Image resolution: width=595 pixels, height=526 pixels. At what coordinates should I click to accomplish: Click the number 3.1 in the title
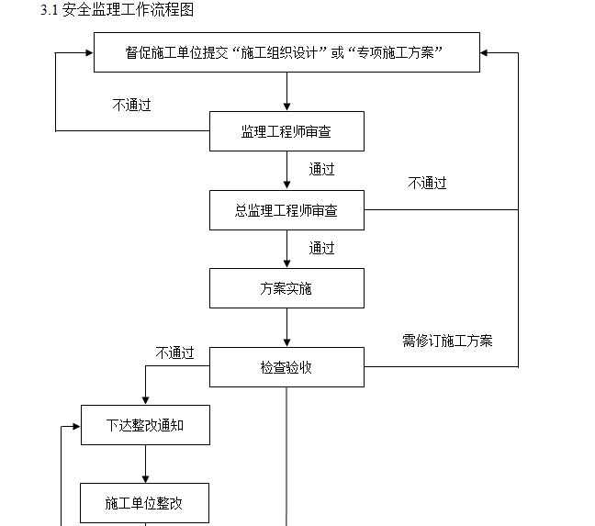tap(50, 10)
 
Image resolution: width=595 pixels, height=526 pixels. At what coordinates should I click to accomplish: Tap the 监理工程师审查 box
tap(286, 131)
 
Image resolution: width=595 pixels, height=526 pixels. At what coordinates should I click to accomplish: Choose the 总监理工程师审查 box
tap(286, 210)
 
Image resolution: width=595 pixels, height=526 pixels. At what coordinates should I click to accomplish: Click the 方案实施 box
tap(286, 288)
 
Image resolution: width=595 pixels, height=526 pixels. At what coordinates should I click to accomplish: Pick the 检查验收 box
tap(286, 367)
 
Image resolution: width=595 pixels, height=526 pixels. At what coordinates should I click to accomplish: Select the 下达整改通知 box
tap(145, 425)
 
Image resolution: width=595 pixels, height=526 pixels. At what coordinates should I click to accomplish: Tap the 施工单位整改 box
tap(145, 503)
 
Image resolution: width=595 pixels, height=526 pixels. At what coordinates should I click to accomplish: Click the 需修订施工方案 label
tap(447, 341)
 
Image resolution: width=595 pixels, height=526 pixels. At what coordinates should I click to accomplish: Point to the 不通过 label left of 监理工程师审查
tap(131, 105)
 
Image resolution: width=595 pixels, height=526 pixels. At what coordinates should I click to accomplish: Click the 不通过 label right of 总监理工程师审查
tap(427, 183)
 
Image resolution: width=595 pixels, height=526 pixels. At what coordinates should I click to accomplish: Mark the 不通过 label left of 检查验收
tap(174, 353)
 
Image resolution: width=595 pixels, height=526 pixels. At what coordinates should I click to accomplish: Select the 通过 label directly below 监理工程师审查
tap(321, 169)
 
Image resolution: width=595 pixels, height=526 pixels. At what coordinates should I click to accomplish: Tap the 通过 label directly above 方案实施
tap(321, 248)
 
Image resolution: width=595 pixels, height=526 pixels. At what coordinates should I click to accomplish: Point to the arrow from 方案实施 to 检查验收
tap(286, 328)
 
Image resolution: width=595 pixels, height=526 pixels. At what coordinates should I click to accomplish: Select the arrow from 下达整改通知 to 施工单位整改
tap(145, 464)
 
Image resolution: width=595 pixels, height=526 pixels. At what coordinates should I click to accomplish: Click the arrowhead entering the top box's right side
tap(486, 52)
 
